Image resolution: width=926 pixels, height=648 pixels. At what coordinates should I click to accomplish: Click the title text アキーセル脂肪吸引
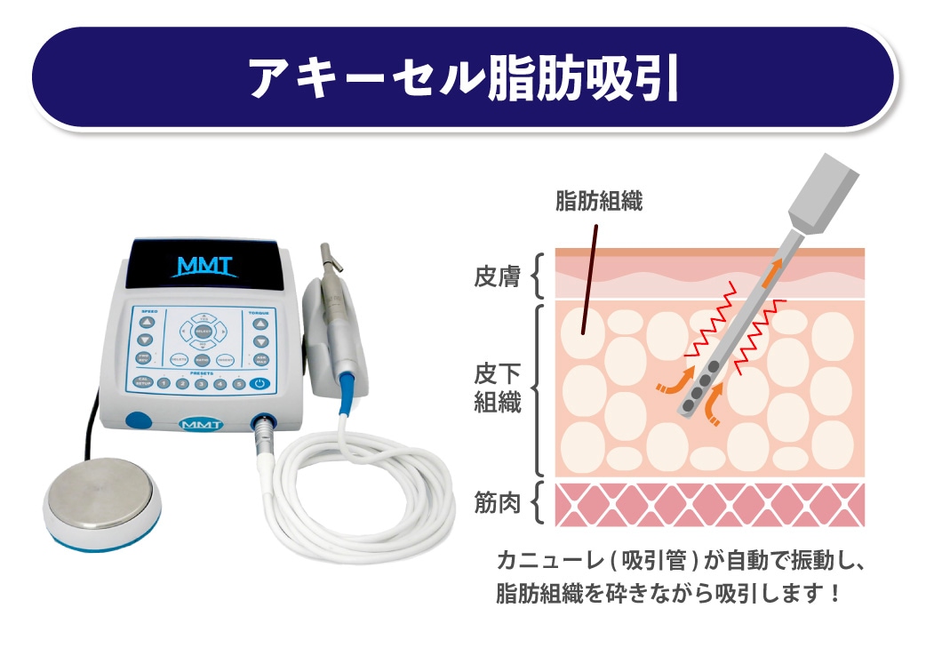coord(463,78)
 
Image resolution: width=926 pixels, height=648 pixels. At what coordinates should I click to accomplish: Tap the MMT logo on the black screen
coord(204,265)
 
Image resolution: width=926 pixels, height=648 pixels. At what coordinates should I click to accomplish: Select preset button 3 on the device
coord(200,384)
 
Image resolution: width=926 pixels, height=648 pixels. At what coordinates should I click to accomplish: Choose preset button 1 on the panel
coord(164,383)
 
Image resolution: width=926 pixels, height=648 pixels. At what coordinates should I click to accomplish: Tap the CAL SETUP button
coord(141,382)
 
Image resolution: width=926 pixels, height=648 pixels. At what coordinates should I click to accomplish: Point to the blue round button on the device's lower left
coord(137,420)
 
